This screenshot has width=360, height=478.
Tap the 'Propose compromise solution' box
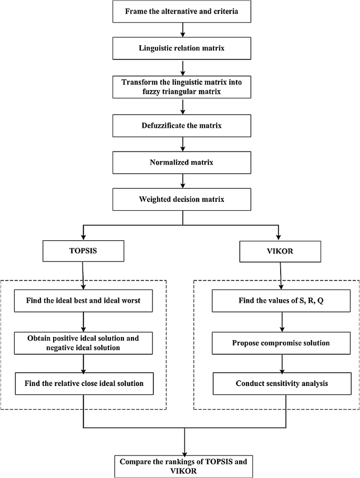point(283,343)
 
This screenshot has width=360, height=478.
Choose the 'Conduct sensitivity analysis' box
point(283,383)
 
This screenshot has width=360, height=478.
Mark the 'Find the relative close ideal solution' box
point(84,383)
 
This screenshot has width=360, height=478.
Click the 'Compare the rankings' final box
point(184,465)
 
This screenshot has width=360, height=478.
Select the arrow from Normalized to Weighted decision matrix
point(181,180)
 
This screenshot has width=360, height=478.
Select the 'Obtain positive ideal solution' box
point(84,343)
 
